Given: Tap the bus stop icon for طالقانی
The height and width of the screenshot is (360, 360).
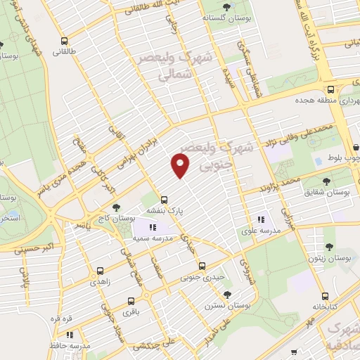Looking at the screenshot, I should pyautogui.click(x=65, y=41).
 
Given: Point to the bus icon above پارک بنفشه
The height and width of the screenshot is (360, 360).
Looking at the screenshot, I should pyautogui.click(x=164, y=199).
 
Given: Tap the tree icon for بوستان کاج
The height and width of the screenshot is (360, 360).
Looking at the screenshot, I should pyautogui.click(x=116, y=207).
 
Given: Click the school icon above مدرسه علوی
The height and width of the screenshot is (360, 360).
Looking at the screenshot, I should pyautogui.click(x=261, y=219).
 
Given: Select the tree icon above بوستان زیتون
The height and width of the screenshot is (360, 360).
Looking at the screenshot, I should pyautogui.click(x=328, y=246).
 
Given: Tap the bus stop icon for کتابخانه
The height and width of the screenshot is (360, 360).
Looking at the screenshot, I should pyautogui.click(x=324, y=296).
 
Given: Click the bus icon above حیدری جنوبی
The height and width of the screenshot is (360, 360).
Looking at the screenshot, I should pyautogui.click(x=202, y=266).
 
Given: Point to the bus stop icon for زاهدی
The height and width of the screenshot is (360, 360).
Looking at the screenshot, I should pyautogui.click(x=99, y=270).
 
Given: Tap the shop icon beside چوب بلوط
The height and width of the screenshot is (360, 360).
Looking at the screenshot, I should pyautogui.click(x=355, y=148).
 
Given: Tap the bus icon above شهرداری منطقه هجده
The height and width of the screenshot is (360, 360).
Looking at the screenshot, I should pyautogui.click(x=330, y=89).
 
